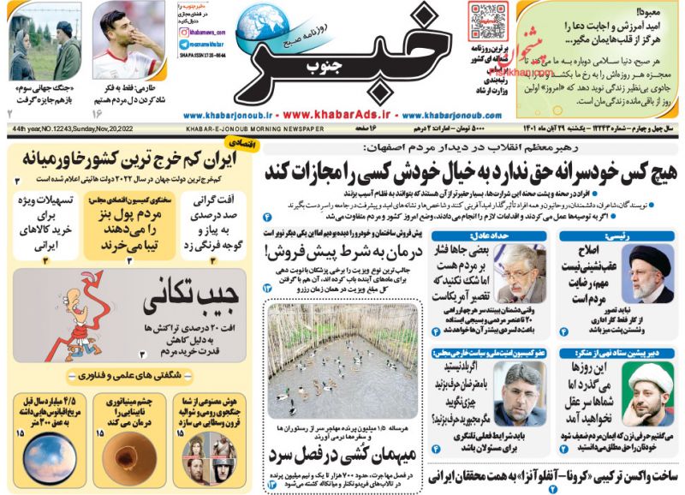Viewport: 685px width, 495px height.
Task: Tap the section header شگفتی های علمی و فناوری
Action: (125, 374)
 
